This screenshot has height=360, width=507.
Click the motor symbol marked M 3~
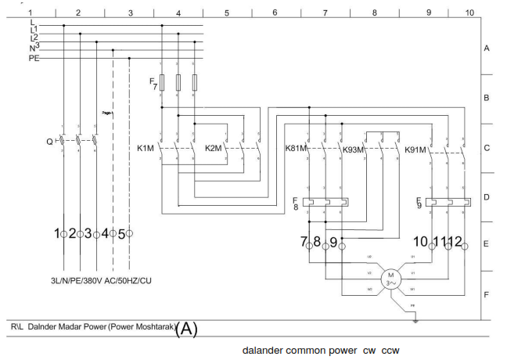(389, 278)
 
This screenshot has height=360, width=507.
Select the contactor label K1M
(146, 148)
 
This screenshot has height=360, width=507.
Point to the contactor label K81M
(297, 148)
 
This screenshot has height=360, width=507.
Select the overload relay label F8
(295, 203)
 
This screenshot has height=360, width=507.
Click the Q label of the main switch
(49, 142)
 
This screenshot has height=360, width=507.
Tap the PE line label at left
(34, 58)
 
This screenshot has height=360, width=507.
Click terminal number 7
(304, 242)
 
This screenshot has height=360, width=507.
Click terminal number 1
(57, 233)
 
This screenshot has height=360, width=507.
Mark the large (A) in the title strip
(187, 329)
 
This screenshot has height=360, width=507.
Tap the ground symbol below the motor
(416, 319)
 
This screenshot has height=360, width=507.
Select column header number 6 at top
(275, 13)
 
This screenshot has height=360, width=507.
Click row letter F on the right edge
(486, 294)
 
